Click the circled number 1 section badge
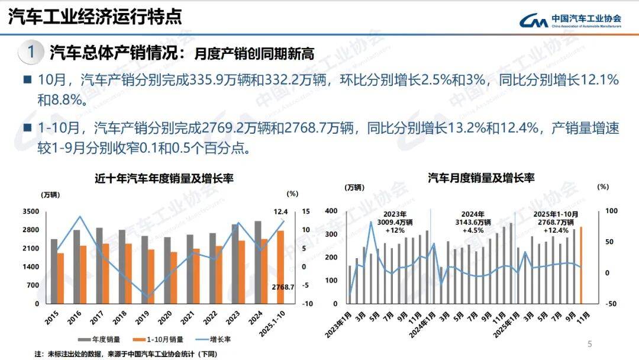click(x=30, y=52)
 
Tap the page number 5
click(x=589, y=344)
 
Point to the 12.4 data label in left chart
click(x=280, y=211)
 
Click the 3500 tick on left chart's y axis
click(x=31, y=211)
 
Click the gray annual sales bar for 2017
click(x=99, y=266)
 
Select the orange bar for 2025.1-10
click(x=280, y=267)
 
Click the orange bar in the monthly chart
click(x=580, y=265)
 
